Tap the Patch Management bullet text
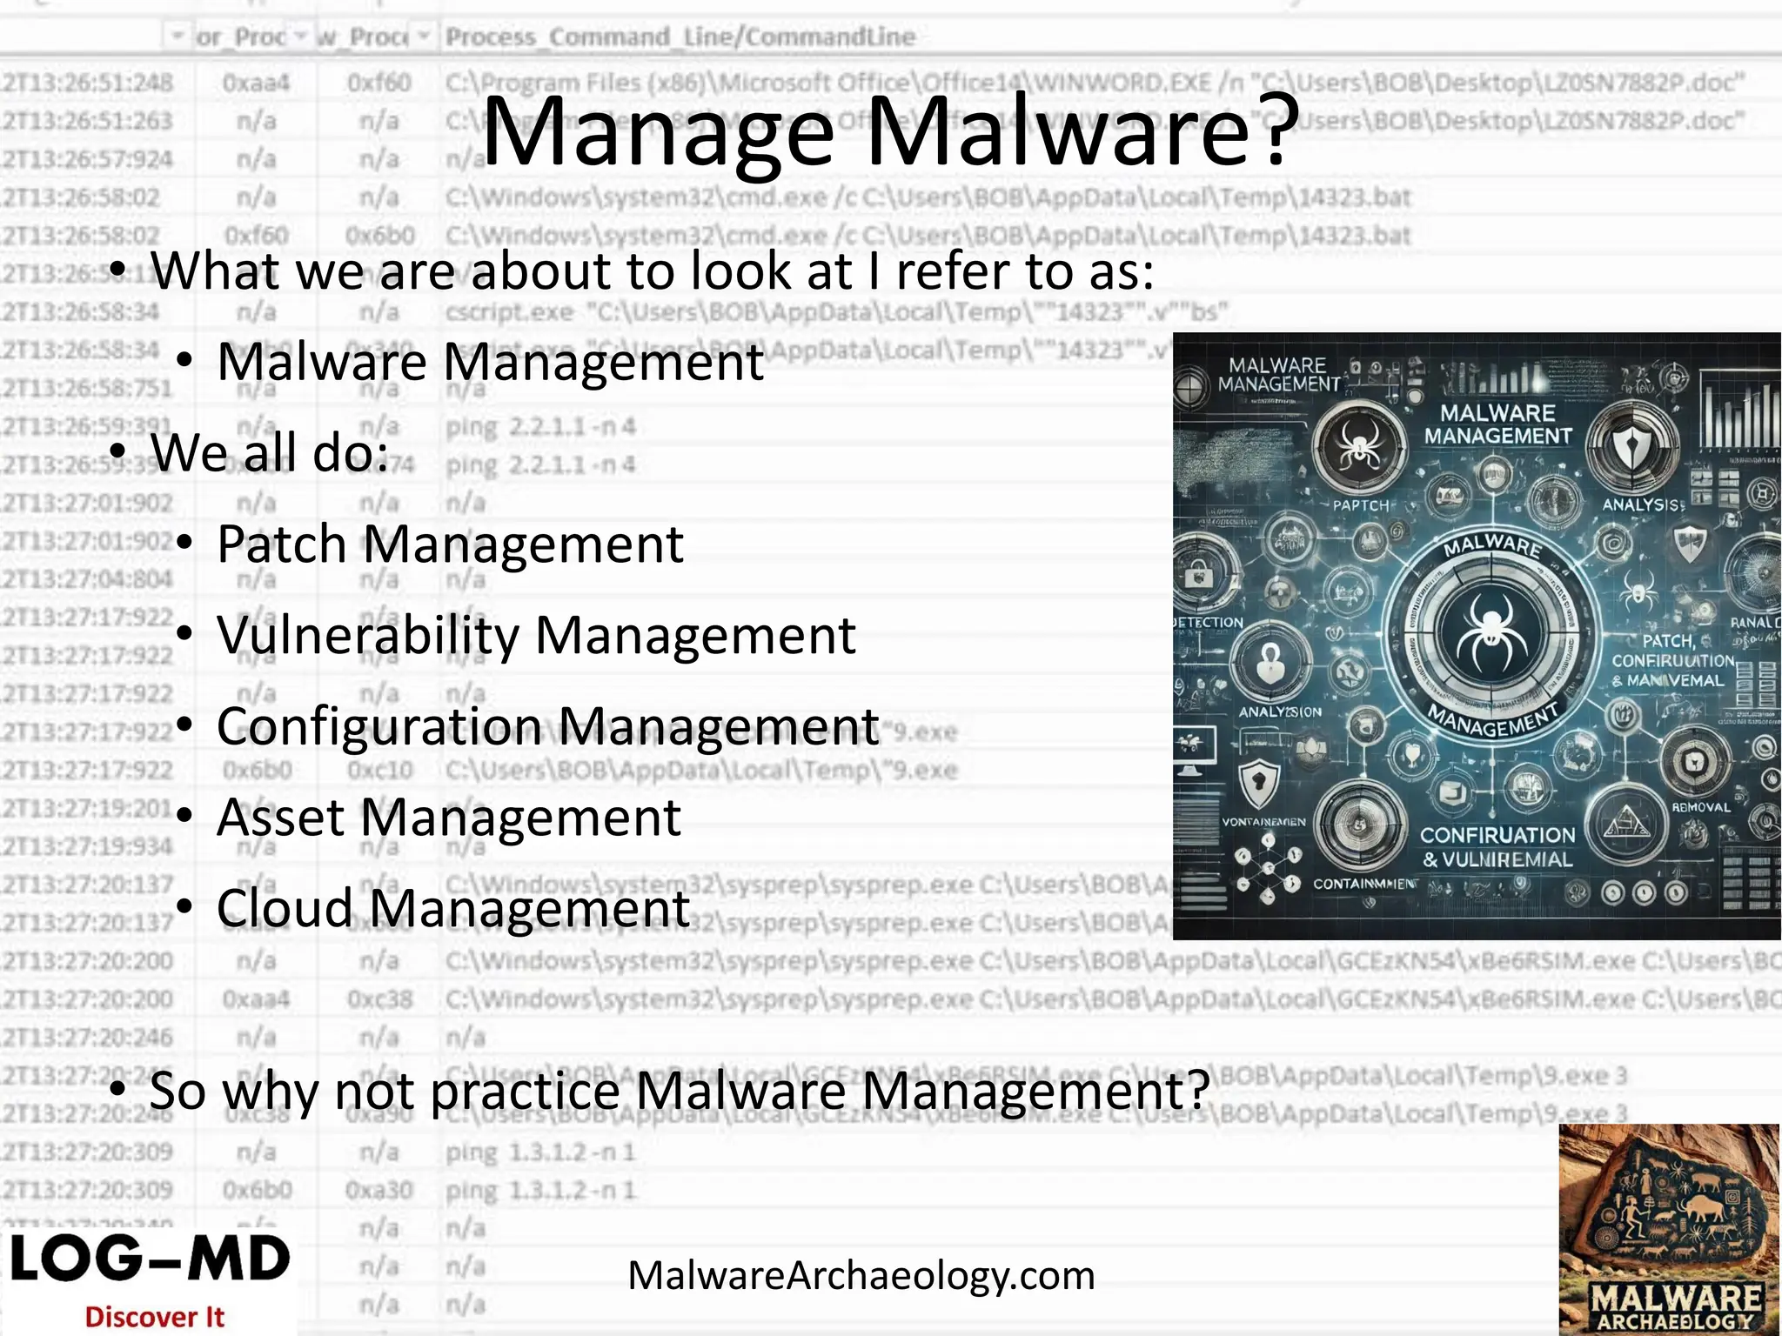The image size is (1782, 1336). (450, 545)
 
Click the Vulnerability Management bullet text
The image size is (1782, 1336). (536, 636)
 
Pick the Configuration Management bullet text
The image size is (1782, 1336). (547, 726)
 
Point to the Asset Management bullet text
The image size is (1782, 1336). (448, 818)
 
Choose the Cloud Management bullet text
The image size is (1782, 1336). (452, 908)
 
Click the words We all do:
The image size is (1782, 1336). (270, 453)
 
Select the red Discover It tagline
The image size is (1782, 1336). (154, 1317)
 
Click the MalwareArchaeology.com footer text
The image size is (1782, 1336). (861, 1276)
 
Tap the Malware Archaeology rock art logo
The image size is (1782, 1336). (1669, 1229)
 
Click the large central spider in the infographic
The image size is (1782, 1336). (1491, 633)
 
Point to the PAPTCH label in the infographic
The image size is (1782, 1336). (1361, 505)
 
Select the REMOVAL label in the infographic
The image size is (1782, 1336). (1701, 807)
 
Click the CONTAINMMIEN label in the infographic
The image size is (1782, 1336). (1363, 884)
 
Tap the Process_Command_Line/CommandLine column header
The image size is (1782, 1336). (680, 37)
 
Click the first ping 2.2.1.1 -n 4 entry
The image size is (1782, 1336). (540, 427)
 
